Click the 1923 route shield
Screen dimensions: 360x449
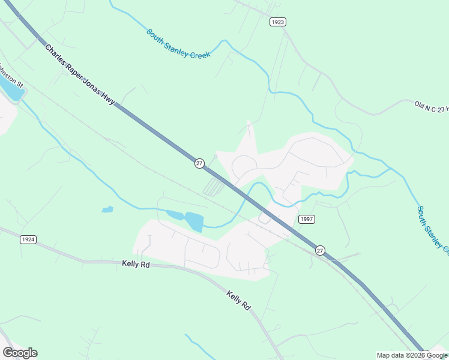pyautogui.click(x=277, y=22)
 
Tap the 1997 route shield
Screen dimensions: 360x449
pyautogui.click(x=306, y=219)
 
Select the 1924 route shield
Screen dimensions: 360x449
pyautogui.click(x=28, y=239)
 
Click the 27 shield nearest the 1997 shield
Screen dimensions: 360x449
pyautogui.click(x=320, y=250)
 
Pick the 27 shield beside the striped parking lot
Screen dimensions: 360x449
pyautogui.click(x=199, y=163)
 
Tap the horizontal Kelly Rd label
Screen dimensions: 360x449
pyautogui.click(x=135, y=263)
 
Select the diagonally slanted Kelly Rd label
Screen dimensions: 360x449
pyautogui.click(x=238, y=300)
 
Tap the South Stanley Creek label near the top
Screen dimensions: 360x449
pyautogui.click(x=178, y=44)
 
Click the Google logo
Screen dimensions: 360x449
pyautogui.click(x=20, y=353)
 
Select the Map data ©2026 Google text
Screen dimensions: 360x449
pyautogui.click(x=412, y=355)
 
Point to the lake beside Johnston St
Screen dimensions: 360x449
pyautogui.click(x=11, y=91)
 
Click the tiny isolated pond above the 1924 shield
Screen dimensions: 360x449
pyautogui.click(x=107, y=209)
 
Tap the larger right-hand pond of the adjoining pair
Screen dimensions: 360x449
pyautogui.click(x=194, y=221)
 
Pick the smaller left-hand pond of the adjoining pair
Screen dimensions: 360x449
pyautogui.click(x=174, y=215)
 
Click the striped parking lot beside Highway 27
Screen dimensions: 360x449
pyautogui.click(x=213, y=187)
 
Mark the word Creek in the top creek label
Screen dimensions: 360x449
pyautogui.click(x=200, y=53)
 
